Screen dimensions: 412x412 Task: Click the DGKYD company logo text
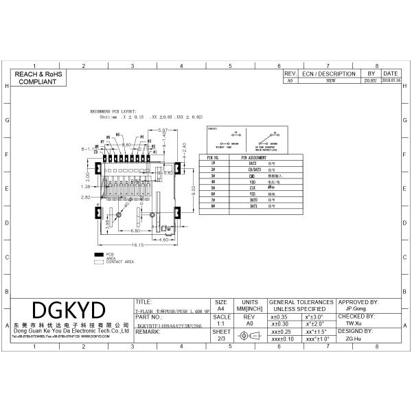(70, 308)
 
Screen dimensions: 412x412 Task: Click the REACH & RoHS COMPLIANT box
(39, 77)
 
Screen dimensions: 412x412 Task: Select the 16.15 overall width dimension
(137, 244)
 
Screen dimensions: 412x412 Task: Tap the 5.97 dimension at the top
(163, 130)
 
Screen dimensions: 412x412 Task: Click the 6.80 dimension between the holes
(135, 231)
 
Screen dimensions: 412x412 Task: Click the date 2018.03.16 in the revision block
(390, 80)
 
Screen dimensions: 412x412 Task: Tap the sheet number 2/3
(221, 339)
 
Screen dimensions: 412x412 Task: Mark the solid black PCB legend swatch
(99, 254)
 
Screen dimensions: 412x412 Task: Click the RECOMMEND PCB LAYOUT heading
(114, 111)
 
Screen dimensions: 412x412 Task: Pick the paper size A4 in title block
(221, 309)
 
